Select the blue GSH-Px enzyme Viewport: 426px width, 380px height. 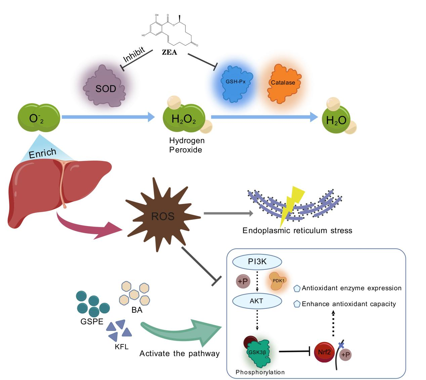click(235, 82)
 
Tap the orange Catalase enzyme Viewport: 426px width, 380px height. click(283, 83)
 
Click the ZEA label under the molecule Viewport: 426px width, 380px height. click(169, 52)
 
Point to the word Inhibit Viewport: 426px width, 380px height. click(134, 55)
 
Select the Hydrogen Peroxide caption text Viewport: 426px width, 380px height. click(186, 145)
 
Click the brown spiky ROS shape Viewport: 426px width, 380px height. click(162, 215)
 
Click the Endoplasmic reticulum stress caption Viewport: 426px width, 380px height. click(297, 230)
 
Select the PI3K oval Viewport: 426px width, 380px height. click(257, 262)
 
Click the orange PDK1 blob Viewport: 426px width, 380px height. click(279, 281)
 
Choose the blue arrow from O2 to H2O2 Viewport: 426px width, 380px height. click(108, 117)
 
